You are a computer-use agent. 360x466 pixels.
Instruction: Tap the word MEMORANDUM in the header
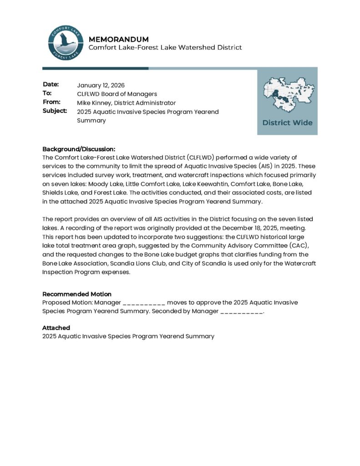118,39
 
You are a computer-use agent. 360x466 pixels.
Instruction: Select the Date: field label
51,85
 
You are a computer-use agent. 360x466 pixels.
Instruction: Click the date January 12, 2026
101,85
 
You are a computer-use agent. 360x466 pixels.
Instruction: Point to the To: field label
47,93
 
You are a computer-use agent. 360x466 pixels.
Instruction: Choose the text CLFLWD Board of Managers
117,94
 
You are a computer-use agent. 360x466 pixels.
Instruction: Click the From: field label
51,102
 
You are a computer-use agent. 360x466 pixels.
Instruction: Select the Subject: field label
55,111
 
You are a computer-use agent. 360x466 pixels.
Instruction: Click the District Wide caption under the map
287,122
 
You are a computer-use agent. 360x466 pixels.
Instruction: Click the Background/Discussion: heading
79,149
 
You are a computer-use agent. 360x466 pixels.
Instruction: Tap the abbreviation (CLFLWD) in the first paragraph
200,157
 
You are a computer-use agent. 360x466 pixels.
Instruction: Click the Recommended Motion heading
76,294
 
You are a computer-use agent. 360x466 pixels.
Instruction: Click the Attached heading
56,328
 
